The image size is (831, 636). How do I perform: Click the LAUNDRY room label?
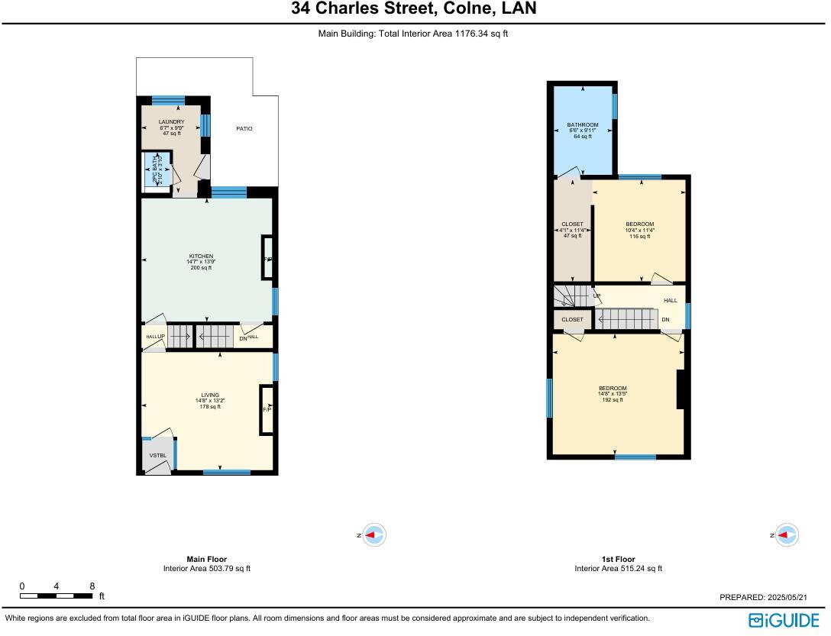click(171, 122)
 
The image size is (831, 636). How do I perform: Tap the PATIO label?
click(244, 128)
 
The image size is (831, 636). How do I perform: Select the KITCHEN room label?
click(201, 257)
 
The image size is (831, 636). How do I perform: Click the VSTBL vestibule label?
click(157, 456)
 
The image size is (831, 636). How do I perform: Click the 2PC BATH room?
click(157, 169)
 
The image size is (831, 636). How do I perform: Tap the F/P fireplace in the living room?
click(267, 410)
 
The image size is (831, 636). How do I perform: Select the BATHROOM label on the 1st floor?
click(582, 125)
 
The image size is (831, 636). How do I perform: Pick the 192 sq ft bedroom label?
click(612, 389)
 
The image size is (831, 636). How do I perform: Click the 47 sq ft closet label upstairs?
click(572, 224)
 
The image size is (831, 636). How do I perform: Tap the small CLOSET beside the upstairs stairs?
click(572, 319)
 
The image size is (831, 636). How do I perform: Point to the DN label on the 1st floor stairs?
click(665, 319)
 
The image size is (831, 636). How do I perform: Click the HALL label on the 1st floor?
click(670, 300)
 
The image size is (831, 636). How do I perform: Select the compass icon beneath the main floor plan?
click(373, 536)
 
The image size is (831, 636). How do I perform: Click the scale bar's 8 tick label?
click(92, 586)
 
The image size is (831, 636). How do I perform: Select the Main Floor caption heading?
click(206, 559)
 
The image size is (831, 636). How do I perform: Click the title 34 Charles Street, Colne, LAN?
click(413, 9)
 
